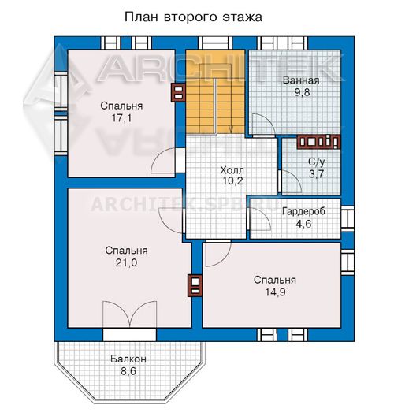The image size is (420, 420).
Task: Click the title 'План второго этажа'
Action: tap(193, 17)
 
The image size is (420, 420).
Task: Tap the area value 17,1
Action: tap(121, 118)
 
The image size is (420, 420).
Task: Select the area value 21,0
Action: tap(126, 262)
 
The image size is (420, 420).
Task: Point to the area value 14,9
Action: tap(275, 292)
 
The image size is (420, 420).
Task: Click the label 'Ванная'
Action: tap(301, 80)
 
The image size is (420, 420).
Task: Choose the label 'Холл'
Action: tap(232, 170)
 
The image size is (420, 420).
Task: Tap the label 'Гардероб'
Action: tap(303, 211)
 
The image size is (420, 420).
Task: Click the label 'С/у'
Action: tap(316, 162)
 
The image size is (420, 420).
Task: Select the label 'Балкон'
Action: tap(128, 359)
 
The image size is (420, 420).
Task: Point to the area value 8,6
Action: tap(128, 371)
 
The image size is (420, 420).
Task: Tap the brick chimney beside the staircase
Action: tap(178, 92)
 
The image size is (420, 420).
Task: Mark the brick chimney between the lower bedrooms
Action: tap(195, 285)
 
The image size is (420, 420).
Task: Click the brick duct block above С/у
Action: tap(318, 142)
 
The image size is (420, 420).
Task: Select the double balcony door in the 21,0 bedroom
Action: tap(130, 314)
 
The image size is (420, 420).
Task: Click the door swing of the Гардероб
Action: tap(260, 218)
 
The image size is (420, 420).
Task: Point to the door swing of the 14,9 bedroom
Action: tap(218, 254)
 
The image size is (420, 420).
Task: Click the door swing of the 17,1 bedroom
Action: tap(163, 161)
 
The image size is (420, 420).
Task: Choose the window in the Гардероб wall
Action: tap(348, 219)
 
